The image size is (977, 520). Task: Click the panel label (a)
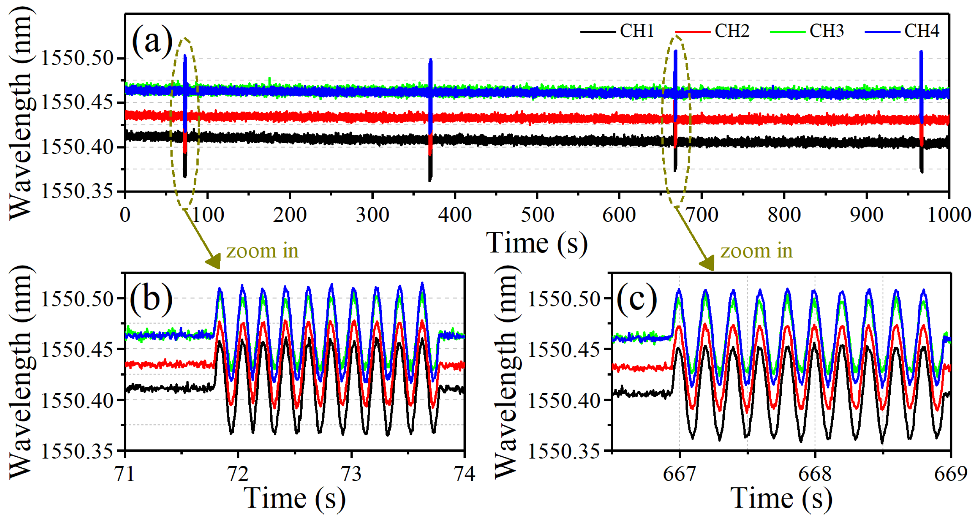[x=152, y=41]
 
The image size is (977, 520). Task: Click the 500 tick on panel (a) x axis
[x=537, y=215]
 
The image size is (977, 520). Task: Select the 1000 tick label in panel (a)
[x=949, y=215]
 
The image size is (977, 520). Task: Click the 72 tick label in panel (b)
[x=238, y=474]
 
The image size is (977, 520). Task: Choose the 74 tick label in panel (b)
[x=464, y=474]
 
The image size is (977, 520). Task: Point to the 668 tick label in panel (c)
[x=815, y=474]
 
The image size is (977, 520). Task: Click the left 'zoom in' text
[x=262, y=251]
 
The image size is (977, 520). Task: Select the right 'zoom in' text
[x=756, y=251]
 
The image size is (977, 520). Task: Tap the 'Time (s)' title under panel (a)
[x=537, y=243]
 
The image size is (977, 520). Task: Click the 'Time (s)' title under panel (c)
[x=781, y=499]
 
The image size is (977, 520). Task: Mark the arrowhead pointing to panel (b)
[x=214, y=262]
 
